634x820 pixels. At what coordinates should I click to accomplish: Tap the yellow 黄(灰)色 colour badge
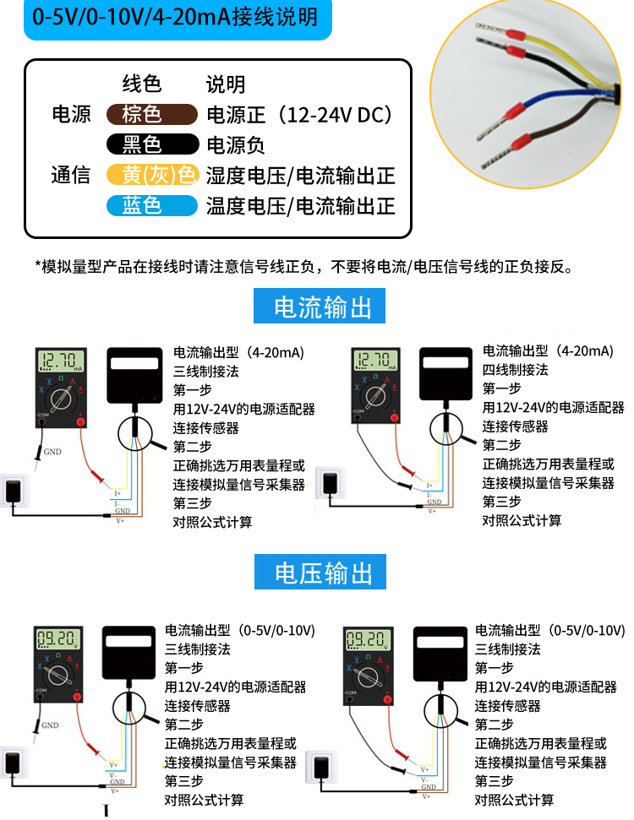[x=152, y=175]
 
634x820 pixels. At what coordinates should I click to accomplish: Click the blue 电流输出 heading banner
[x=319, y=306]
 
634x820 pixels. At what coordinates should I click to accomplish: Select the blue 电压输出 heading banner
[x=320, y=572]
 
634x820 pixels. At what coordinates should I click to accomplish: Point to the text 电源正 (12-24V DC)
[x=299, y=115]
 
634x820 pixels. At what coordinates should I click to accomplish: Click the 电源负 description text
[x=235, y=145]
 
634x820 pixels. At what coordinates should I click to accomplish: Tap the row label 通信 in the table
[x=71, y=176]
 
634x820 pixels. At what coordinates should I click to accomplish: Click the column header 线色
[x=142, y=84]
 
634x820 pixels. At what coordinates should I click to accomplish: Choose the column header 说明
[x=226, y=84]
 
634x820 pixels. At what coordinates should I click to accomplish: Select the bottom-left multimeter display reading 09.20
[x=58, y=639]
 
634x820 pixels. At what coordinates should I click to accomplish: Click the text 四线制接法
[x=515, y=370]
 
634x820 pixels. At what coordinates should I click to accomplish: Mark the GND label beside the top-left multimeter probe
[x=52, y=451]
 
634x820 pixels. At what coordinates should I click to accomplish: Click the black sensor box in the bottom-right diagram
[x=440, y=657]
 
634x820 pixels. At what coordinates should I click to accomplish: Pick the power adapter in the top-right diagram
[x=331, y=486]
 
